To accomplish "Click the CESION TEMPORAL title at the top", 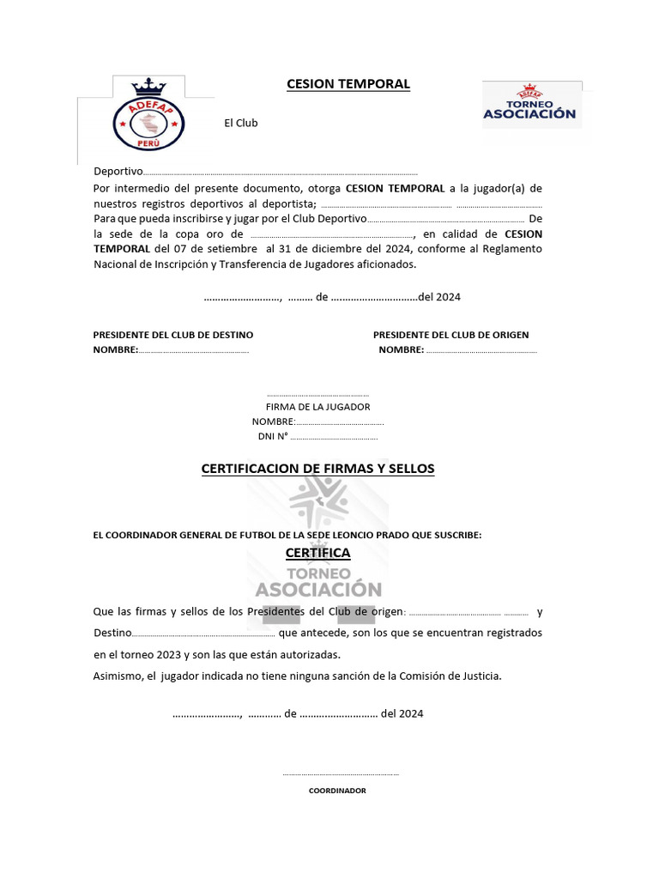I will (348, 84).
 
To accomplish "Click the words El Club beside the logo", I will (241, 123).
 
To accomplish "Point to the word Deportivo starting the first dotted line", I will (118, 172).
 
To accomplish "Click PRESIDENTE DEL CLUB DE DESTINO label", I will (173, 335).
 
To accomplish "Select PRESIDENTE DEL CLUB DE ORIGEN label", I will (450, 335).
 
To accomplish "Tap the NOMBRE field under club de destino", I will (193, 350).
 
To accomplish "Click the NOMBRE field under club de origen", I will (481, 350).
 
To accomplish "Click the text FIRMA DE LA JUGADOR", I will (317, 407).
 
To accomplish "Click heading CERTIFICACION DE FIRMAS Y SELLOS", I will (317, 469).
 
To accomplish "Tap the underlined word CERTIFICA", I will (317, 554).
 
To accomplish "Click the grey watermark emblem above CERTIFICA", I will (318, 505).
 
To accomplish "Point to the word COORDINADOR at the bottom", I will (337, 791).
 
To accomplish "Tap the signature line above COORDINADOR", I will (341, 775).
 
